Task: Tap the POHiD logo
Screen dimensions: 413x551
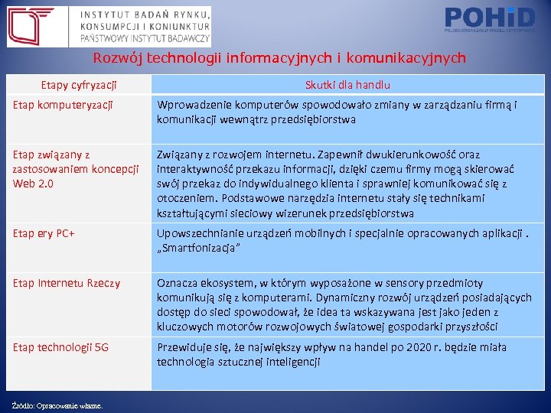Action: coord(489,19)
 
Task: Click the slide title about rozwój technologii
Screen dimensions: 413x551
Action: coord(279,58)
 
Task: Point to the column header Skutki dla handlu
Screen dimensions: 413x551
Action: coord(347,85)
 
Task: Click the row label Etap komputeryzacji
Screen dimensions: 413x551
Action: coord(63,105)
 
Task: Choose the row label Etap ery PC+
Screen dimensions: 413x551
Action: coord(44,233)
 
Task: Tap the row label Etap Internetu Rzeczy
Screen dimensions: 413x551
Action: coord(67,284)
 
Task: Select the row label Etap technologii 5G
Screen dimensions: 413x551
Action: coord(60,347)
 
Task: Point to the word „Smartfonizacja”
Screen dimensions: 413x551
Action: coord(199,248)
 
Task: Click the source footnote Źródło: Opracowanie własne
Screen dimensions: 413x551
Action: coord(58,405)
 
